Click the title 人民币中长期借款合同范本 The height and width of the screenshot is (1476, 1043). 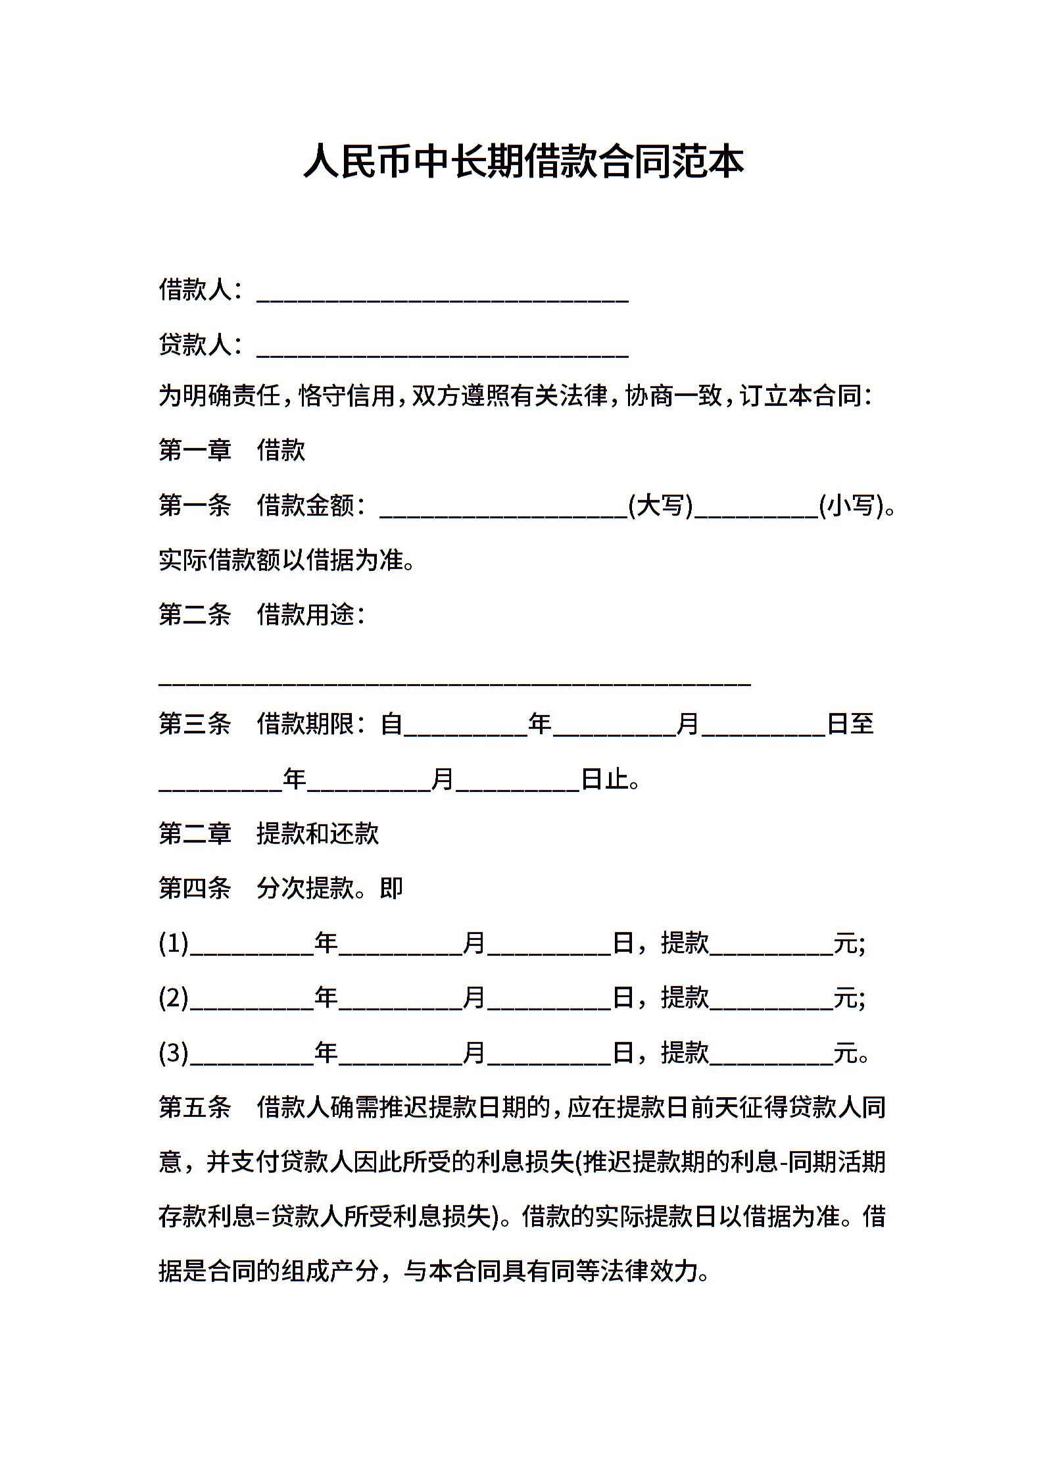point(523,162)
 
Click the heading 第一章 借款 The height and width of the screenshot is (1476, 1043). point(231,451)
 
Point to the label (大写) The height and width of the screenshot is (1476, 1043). point(660,505)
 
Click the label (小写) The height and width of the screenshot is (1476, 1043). point(851,505)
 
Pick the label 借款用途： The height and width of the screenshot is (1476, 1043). point(310,615)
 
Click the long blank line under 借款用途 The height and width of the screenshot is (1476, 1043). point(454,677)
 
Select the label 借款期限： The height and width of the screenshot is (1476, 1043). point(310,724)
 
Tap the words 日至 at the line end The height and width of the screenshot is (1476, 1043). point(850,724)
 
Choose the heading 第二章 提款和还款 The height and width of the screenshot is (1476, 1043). point(268,834)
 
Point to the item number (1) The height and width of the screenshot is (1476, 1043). point(174,944)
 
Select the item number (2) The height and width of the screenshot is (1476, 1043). point(174,998)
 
